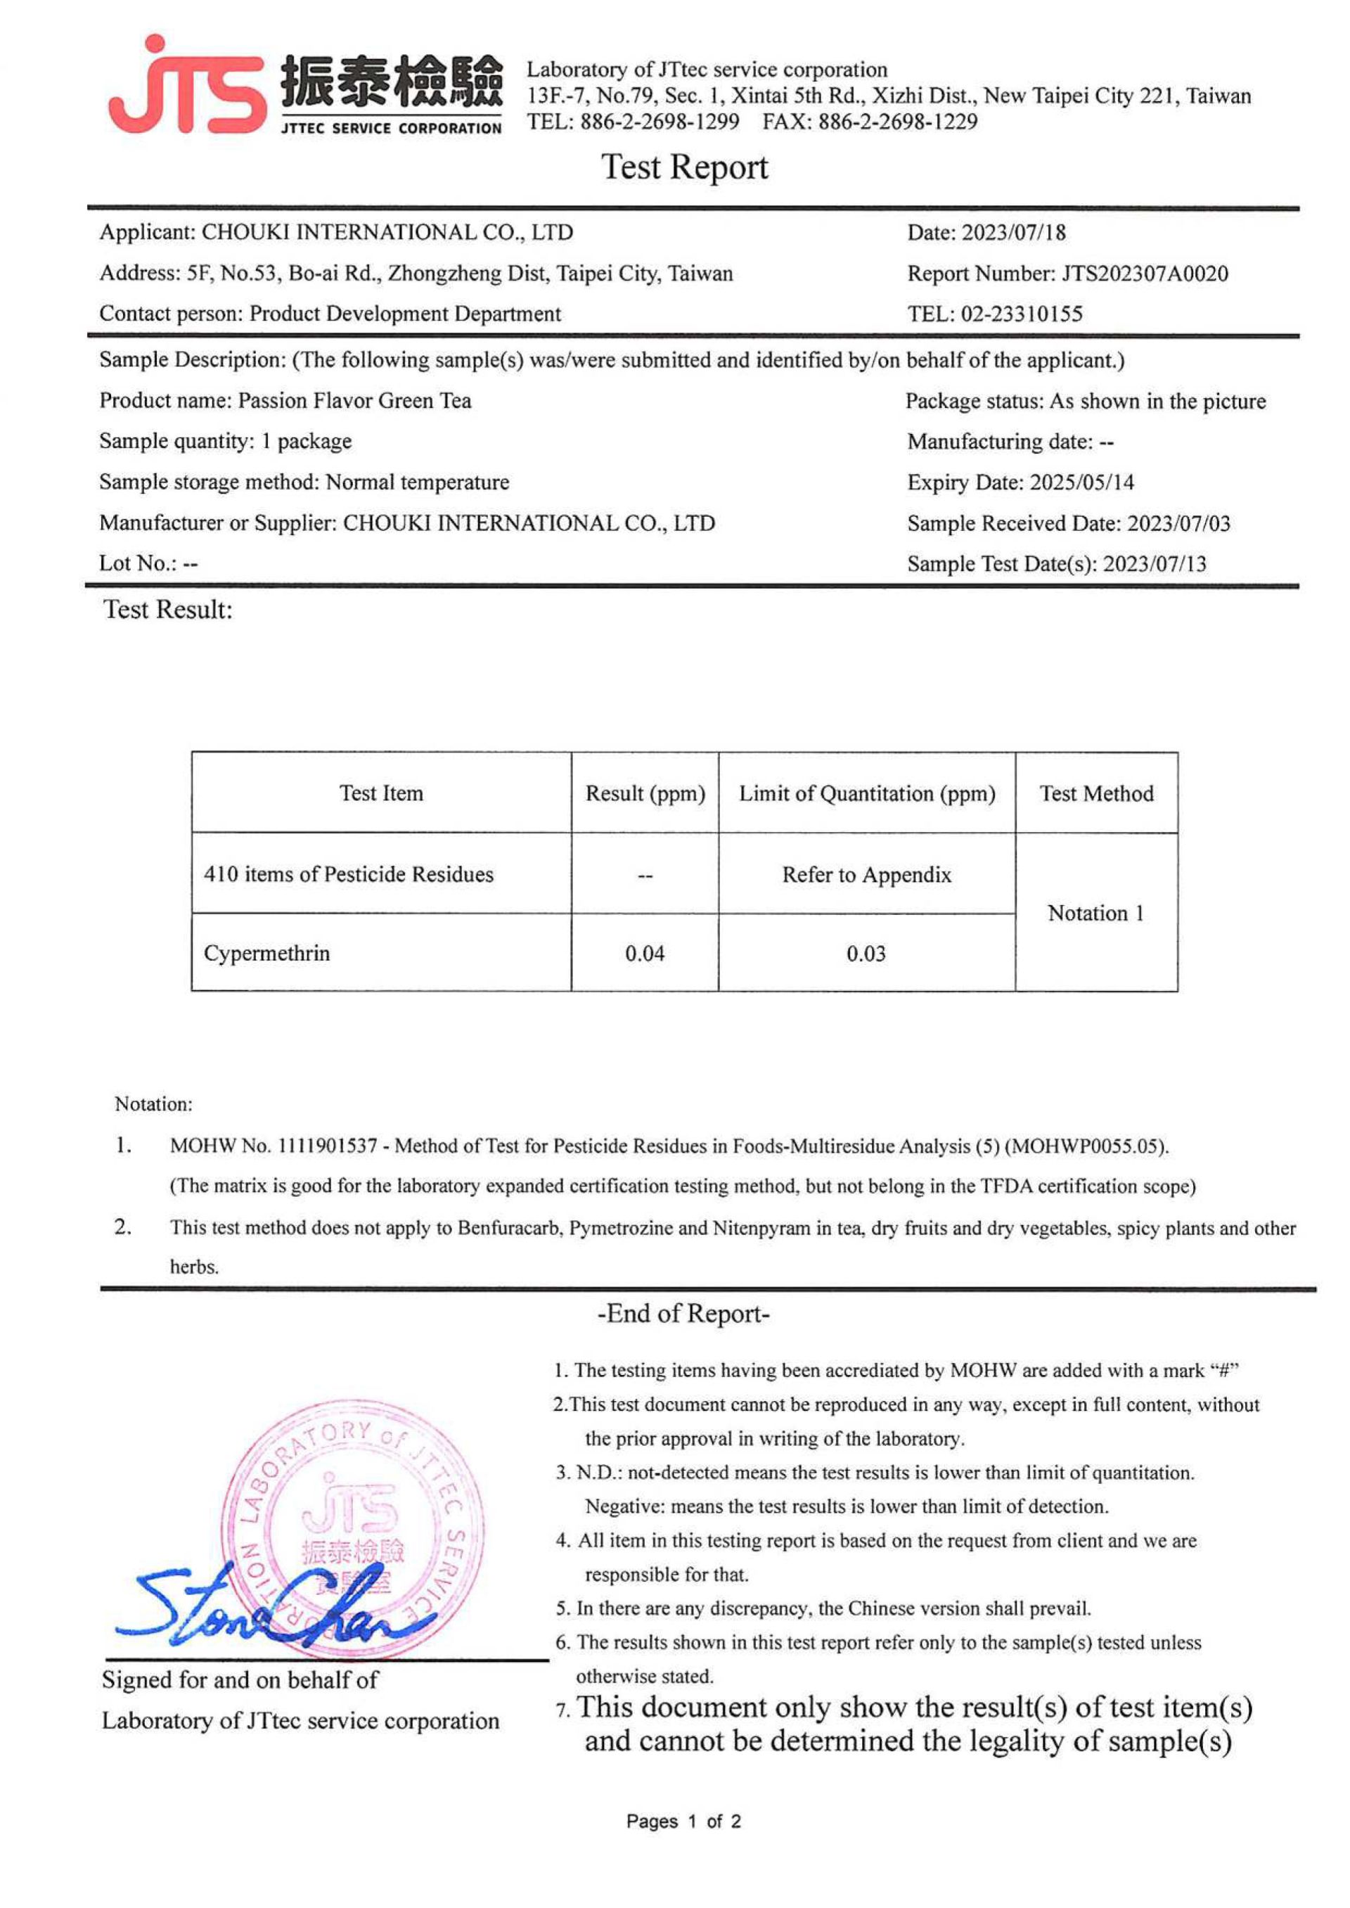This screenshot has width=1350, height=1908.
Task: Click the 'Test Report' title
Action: (684, 167)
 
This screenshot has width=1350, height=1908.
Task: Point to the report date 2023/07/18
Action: (1013, 233)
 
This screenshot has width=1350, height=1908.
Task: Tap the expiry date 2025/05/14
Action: (1081, 482)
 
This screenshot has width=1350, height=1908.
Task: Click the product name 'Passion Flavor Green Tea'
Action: (355, 401)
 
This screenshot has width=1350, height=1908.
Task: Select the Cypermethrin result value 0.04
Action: (644, 954)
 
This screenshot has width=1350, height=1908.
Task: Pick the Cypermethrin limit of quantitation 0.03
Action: (866, 954)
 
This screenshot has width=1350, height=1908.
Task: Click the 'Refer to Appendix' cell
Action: (866, 875)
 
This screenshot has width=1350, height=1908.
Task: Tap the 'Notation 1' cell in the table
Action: (1095, 913)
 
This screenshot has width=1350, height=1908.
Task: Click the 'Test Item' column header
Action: (380, 793)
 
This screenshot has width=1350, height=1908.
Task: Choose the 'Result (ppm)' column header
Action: (645, 793)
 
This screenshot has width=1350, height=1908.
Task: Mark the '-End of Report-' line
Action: (683, 1314)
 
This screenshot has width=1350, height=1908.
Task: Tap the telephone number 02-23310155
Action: (1022, 314)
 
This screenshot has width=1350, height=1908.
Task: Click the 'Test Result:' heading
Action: (168, 610)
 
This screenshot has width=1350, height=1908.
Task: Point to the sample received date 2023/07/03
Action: (1178, 523)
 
